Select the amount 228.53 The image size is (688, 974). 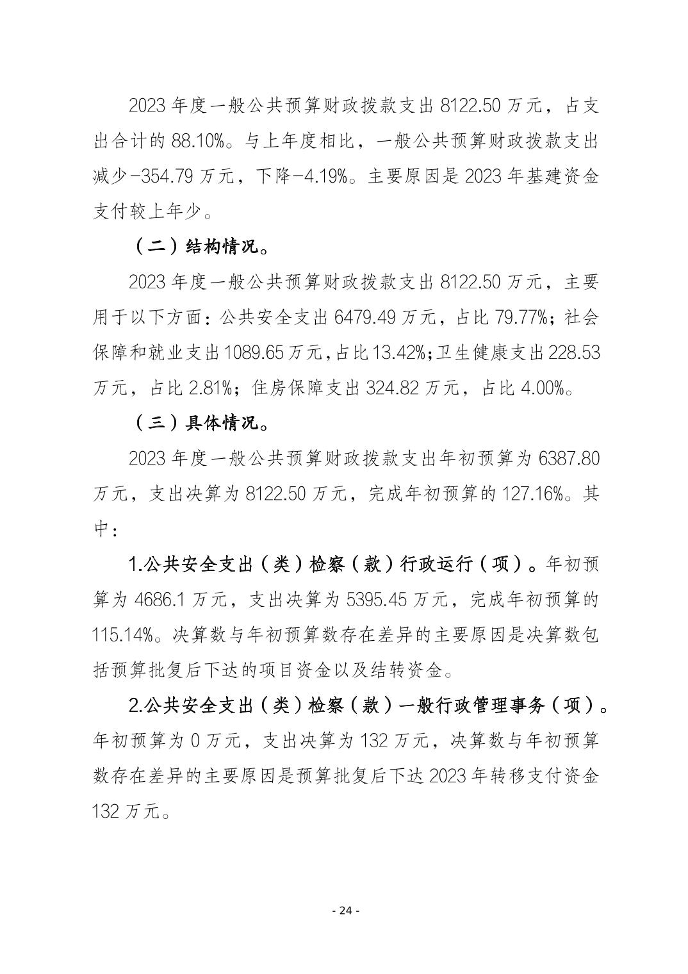coord(575,353)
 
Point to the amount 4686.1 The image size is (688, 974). coord(161,600)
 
